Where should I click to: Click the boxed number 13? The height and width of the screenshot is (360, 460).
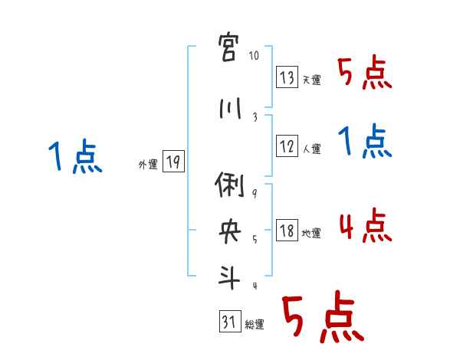287,77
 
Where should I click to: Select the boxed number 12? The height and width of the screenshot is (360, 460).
287,146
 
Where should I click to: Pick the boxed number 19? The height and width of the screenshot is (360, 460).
173,162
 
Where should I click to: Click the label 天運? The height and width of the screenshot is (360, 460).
312,80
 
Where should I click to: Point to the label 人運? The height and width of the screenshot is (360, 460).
312,149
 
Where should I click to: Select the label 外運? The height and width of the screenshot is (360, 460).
148,164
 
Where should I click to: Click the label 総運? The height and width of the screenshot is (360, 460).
255,325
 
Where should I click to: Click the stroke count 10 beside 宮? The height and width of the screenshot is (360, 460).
255,56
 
